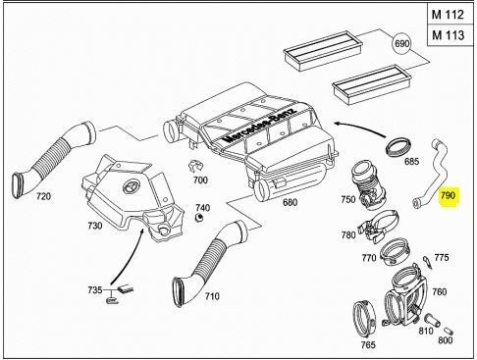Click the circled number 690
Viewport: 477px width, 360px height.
click(x=401, y=46)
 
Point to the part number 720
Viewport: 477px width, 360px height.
click(x=43, y=196)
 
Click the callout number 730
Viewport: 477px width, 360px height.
click(x=94, y=225)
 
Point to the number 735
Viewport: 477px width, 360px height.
click(x=93, y=291)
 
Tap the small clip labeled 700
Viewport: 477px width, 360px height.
click(x=194, y=164)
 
